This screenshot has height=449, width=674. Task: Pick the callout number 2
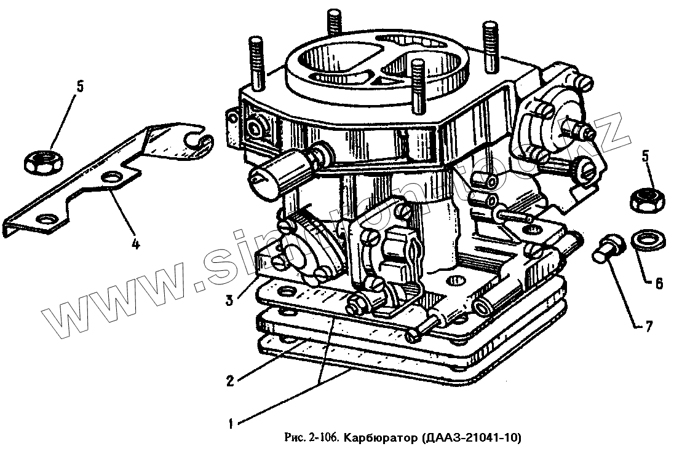point(229,380)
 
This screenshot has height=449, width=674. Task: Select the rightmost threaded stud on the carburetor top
point(491,41)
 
